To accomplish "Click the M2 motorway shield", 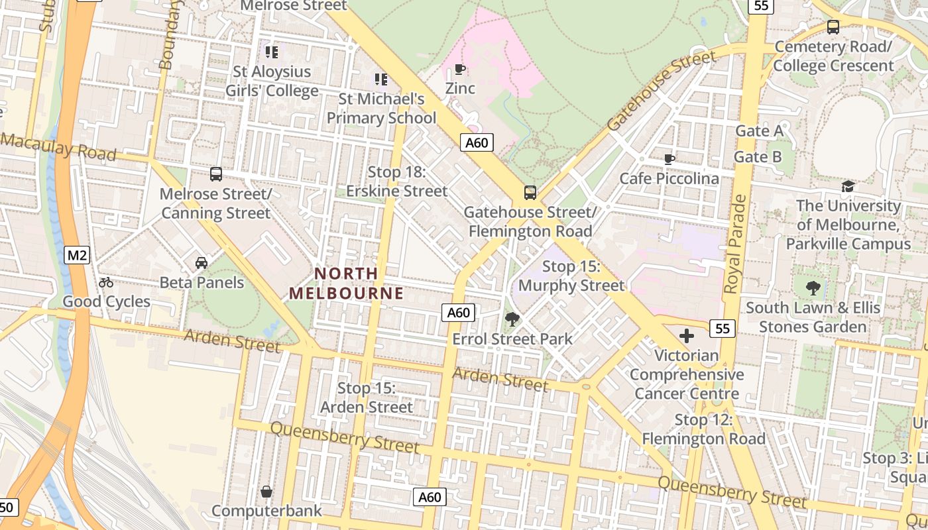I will pos(77,255).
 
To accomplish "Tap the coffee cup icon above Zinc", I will pos(459,70).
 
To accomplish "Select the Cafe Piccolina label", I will pos(669,179).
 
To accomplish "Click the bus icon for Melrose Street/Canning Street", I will pos(216,174).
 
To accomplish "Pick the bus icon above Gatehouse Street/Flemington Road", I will pos(530,193).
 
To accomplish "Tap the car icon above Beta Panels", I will pos(202,263).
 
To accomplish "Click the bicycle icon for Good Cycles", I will pos(106,282).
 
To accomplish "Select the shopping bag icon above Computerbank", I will pos(266,492).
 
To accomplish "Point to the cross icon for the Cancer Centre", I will pos(687,336).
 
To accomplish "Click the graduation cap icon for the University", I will pos(848,186).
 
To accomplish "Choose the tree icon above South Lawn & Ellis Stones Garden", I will pos(813,288).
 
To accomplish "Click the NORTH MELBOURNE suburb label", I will pos(346,283).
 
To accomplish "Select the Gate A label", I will pos(759,131).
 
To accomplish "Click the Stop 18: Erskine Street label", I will pos(396,182).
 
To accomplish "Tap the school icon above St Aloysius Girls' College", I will pos(271,52).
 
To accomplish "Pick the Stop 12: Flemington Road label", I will pos(703,429).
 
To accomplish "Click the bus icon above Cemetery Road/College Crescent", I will pos(833,27).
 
